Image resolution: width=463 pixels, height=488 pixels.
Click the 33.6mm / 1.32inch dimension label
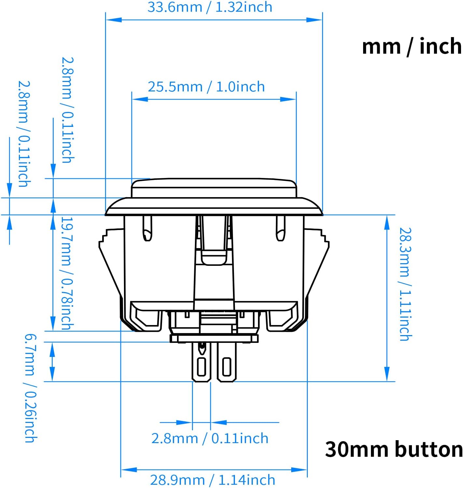click(x=210, y=7)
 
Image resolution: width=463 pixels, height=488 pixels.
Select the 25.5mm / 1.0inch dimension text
click(x=206, y=87)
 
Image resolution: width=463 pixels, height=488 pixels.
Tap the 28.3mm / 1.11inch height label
click(x=405, y=284)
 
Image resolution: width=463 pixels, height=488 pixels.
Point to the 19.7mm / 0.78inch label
click(x=67, y=273)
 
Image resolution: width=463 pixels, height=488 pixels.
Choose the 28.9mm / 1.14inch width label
click(x=212, y=480)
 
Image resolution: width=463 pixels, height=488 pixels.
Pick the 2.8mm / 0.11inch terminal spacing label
click(x=210, y=439)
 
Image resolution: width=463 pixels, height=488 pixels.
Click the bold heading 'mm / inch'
click(x=412, y=46)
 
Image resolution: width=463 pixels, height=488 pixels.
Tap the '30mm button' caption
click(x=394, y=449)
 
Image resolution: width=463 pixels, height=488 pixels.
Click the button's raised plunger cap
click(x=214, y=188)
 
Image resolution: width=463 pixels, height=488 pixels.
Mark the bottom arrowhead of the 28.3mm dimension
click(x=387, y=374)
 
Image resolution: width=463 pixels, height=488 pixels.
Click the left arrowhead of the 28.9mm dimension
click(x=129, y=470)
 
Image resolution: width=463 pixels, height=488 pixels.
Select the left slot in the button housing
click(x=147, y=228)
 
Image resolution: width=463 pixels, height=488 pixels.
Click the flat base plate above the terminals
click(x=214, y=339)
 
